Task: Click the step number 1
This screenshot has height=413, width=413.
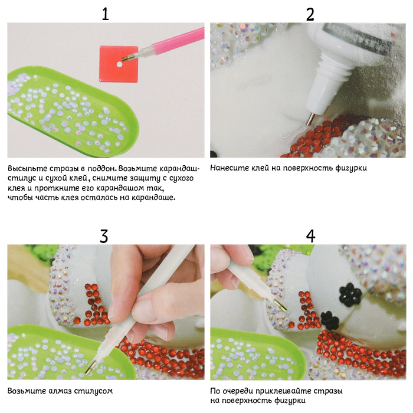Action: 106,14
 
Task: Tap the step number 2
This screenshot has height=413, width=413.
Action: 310,15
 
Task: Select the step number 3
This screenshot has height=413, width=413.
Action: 104,236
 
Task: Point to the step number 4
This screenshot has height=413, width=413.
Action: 310,236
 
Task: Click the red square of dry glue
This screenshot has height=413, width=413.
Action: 119,64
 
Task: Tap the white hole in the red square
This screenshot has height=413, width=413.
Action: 119,64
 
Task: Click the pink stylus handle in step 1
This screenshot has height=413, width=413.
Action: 179,41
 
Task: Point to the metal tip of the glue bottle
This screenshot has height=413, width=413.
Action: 310,119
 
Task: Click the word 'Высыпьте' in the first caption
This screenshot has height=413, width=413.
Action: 28,169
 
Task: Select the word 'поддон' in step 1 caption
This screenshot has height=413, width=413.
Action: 101,169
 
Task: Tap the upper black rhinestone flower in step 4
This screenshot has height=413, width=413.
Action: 350,294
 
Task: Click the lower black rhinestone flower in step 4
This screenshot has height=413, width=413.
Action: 330,320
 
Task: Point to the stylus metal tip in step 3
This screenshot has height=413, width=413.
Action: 91,368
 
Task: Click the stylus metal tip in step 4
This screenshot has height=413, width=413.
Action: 280,305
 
